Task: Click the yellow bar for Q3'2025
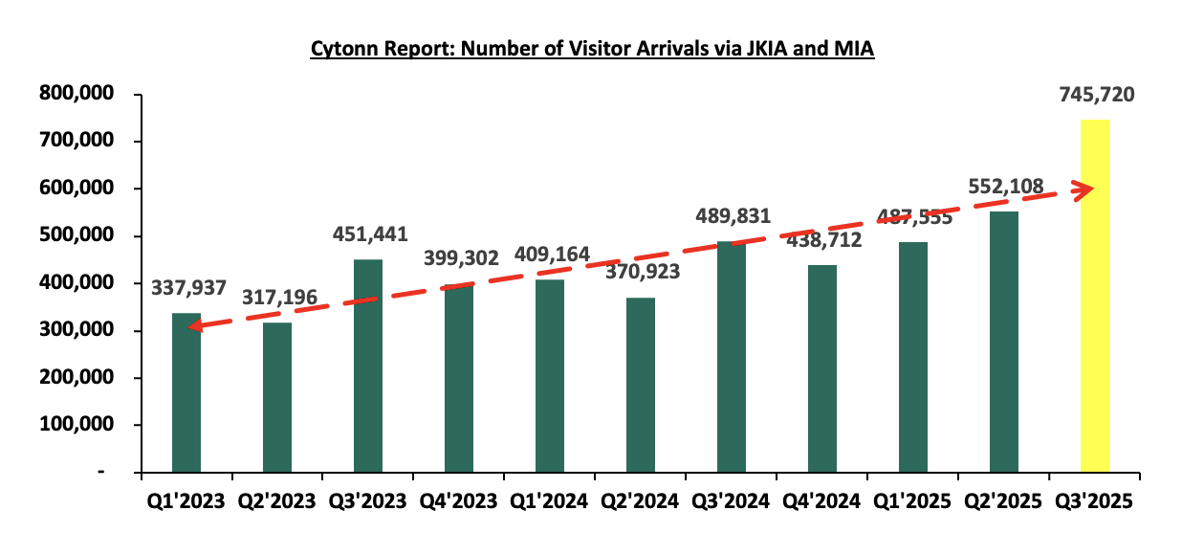pos(1094,297)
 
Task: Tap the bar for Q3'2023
pos(368,366)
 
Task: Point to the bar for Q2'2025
pos(1004,342)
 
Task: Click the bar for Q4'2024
pos(822,368)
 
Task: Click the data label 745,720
pos(1097,95)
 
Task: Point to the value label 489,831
pos(733,217)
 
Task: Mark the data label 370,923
pos(641,271)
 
